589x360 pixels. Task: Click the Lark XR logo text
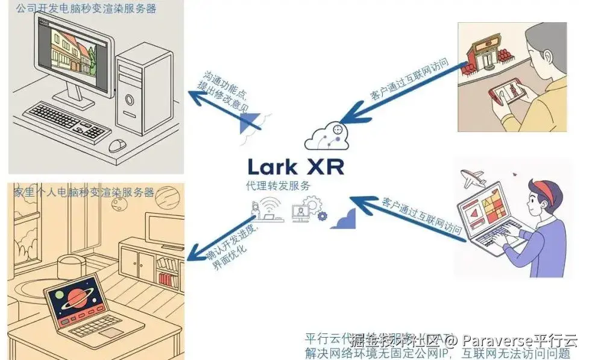[x=296, y=166]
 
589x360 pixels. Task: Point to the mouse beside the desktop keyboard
[x=118, y=145]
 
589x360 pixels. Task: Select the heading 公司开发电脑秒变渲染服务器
[x=87, y=8]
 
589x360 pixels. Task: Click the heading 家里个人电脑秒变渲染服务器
[x=84, y=192]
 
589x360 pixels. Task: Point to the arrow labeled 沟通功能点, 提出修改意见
[x=223, y=109]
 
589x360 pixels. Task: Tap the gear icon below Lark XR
[x=322, y=216]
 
